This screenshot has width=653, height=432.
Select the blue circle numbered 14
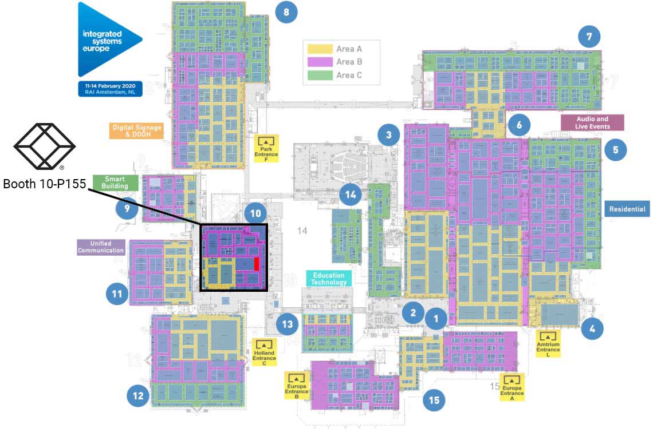point(351,195)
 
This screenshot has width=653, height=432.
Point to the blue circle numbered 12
point(137,395)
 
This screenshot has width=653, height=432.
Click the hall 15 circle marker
point(434,400)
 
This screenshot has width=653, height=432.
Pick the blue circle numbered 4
point(592,328)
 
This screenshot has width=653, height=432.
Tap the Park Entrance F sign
point(266,148)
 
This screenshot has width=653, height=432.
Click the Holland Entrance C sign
point(264,352)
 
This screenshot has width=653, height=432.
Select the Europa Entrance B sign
point(297,386)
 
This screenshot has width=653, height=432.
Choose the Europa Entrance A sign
point(512,387)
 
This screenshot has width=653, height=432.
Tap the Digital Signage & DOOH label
point(137,130)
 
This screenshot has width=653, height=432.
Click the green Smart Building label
point(115,183)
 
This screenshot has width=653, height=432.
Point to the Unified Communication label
point(101,247)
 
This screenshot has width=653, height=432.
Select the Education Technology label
point(329,279)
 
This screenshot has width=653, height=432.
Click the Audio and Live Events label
point(592,122)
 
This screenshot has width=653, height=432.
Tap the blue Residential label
point(627,209)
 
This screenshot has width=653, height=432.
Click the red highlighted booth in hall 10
point(257,264)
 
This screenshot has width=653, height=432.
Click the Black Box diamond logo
point(44,138)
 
